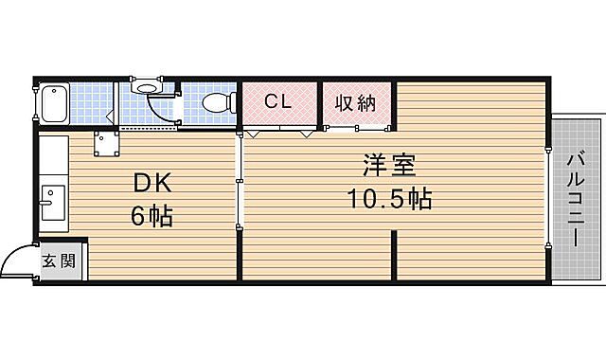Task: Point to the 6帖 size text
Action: (x=151, y=217)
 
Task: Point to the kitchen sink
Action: (x=51, y=203)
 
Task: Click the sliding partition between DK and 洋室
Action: (x=240, y=180)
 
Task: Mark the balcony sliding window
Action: (x=549, y=199)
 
